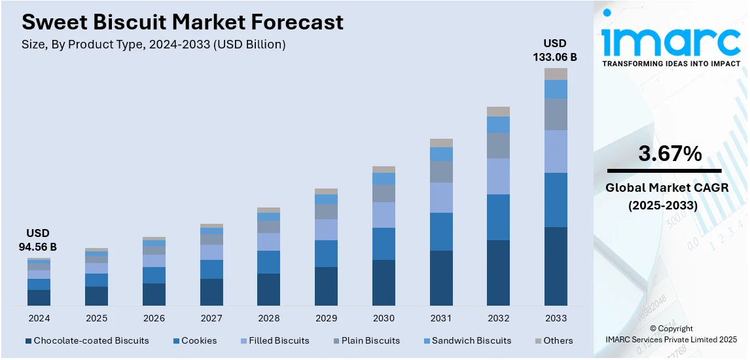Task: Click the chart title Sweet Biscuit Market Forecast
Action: point(183,22)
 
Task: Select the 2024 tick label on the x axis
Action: point(39,318)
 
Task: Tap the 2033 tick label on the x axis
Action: point(556,318)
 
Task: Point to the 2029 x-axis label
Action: point(326,318)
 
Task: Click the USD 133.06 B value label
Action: point(556,50)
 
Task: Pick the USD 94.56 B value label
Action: point(39,240)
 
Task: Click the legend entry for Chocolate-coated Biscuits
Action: point(91,340)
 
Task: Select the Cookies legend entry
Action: point(199,340)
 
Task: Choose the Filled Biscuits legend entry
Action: point(279,340)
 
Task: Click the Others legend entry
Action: point(558,340)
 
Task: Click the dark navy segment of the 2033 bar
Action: point(556,266)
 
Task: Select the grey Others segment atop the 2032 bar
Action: point(498,111)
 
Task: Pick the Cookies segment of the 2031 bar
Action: point(441,231)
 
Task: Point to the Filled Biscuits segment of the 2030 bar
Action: point(384,215)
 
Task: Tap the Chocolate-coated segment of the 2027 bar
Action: point(211,292)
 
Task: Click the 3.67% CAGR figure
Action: point(670,154)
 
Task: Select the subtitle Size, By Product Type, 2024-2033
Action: point(154,45)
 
